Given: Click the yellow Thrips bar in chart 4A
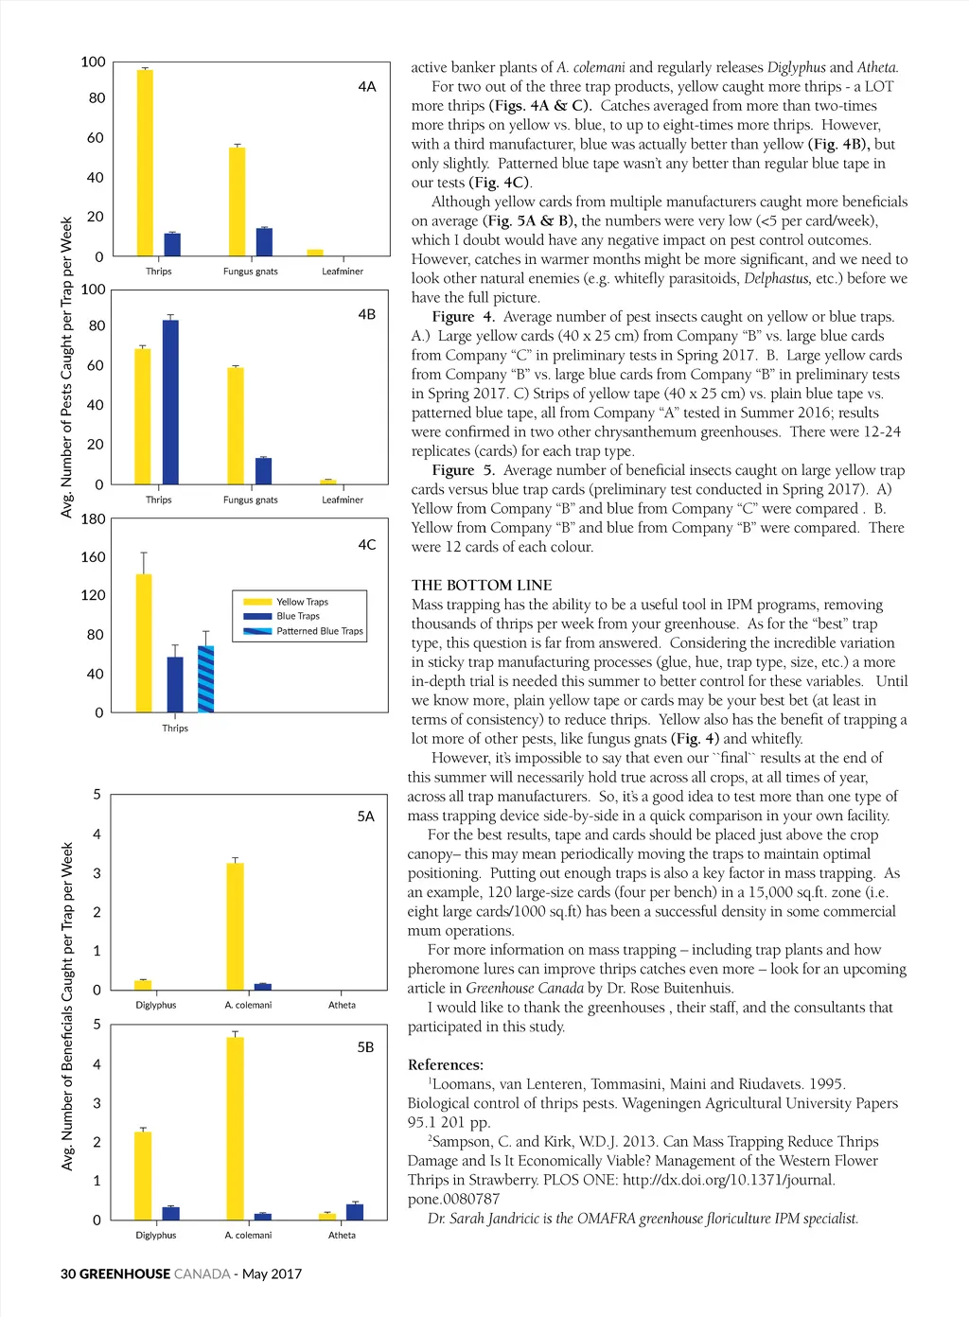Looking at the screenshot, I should (145, 163).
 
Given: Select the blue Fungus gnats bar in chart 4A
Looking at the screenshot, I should (264, 242).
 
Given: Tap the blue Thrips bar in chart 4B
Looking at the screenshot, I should (170, 402).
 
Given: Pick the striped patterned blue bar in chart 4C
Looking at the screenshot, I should (205, 679).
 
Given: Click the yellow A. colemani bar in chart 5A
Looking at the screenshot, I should (235, 926).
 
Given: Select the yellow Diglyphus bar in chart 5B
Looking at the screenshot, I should (143, 1175).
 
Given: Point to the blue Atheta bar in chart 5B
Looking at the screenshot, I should (355, 1212).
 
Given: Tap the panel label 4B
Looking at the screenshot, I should (366, 314).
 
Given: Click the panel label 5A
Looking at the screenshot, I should (365, 817).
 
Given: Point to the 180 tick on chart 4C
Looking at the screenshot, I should (93, 519).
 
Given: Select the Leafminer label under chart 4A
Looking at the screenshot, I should (342, 272).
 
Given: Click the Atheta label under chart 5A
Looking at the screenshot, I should (342, 1005).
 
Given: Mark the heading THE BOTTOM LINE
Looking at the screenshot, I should (482, 585).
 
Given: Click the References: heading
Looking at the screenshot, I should (446, 1064).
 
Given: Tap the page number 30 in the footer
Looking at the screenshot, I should (68, 1273).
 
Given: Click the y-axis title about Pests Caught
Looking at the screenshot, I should (67, 367).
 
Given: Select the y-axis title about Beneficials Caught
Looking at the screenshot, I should (67, 1006).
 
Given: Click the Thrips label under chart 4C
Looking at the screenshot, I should (175, 729).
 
